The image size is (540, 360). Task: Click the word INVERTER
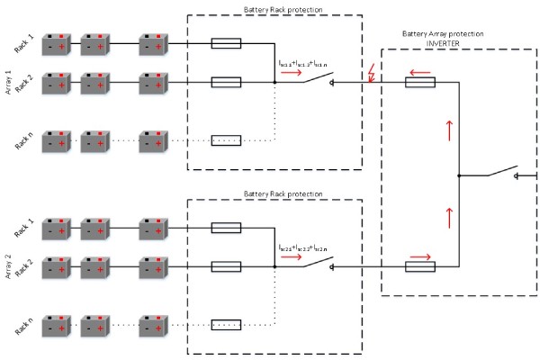(x=444, y=43)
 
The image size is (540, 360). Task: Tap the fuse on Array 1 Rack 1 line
(x=225, y=43)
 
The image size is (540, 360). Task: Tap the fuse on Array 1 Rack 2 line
(x=225, y=82)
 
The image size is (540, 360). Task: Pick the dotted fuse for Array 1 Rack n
(x=225, y=140)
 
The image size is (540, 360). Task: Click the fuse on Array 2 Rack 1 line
(x=225, y=227)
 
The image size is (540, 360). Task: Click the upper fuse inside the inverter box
(x=420, y=83)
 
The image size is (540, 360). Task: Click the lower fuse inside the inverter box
(x=420, y=266)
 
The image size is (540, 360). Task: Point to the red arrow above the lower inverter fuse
(x=421, y=256)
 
